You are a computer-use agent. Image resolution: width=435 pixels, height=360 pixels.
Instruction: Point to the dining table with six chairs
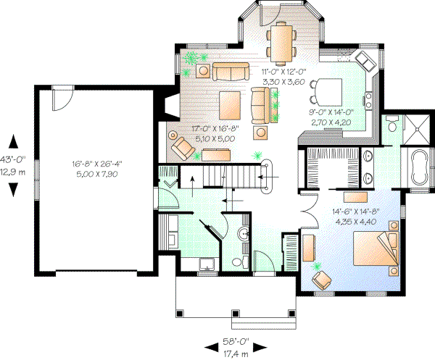coord(281,41)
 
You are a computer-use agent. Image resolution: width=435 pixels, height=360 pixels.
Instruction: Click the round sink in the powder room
coord(244,233)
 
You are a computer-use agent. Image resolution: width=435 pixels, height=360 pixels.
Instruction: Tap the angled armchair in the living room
coord(183,148)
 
